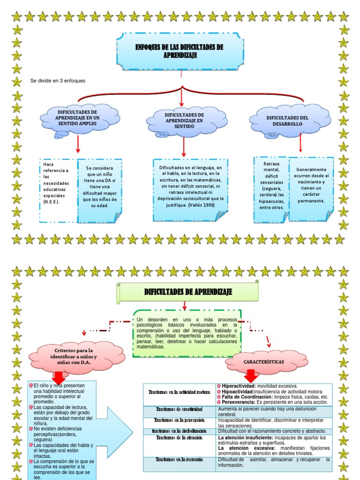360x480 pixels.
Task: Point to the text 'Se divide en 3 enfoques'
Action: tap(58, 81)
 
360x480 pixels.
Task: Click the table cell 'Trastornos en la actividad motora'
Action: tap(180, 392)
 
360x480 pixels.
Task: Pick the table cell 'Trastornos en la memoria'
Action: tap(180, 460)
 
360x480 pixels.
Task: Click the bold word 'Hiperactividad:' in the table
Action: tap(235, 386)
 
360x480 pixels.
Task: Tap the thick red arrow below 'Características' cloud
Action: tap(250, 375)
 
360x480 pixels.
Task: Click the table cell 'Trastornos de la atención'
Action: tap(180, 438)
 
